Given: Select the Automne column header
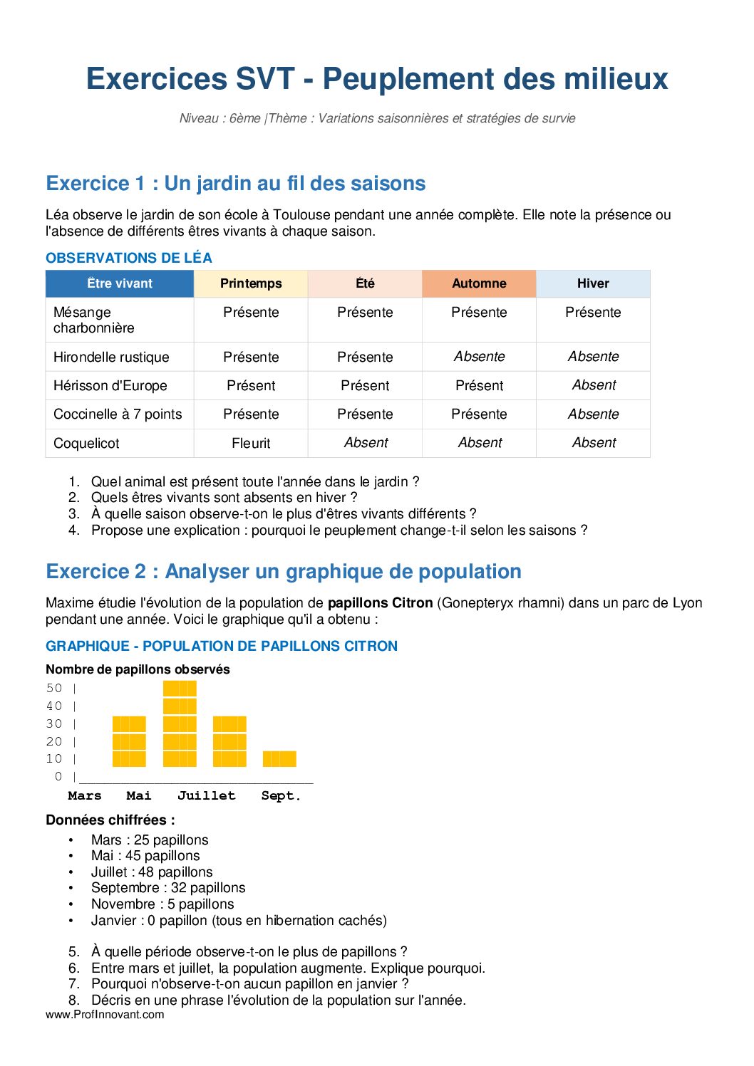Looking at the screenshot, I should coord(479,283).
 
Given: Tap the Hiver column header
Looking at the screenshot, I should coord(593,283).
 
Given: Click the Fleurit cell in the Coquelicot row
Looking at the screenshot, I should coord(251,443).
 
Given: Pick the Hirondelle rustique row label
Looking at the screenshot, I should coord(111,357).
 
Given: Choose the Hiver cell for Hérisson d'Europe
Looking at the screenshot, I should coord(594,385).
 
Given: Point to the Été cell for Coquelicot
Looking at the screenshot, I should coord(366,443).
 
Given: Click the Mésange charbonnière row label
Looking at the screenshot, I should coord(93,320).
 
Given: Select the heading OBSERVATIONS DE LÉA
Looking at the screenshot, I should coord(129,258).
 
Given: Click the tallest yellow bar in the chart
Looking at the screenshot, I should coord(180,723).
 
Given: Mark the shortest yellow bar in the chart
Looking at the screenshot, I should coord(279,758).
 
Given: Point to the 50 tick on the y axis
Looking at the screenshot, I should coord(54,688).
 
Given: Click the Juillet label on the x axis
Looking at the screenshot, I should coord(206,795).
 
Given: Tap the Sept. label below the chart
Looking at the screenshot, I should coord(281,795).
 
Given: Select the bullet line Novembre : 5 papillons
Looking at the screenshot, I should coord(162,904).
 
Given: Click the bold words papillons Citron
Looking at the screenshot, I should coord(380,603).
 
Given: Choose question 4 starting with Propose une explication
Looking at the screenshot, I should coord(339,530).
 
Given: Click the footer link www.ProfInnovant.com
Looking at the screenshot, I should coord(105,1014).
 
